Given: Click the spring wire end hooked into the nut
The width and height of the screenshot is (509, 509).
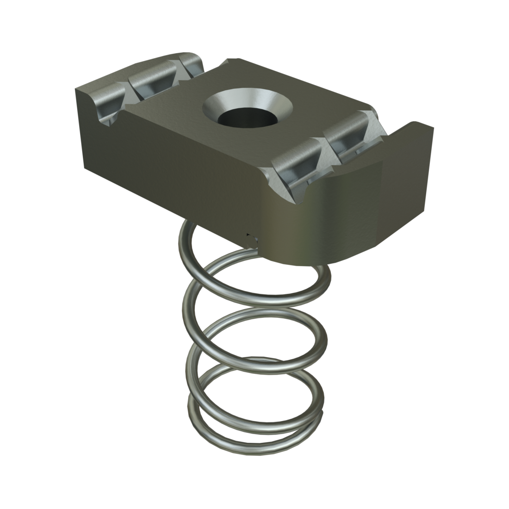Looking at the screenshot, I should point(251,240).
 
